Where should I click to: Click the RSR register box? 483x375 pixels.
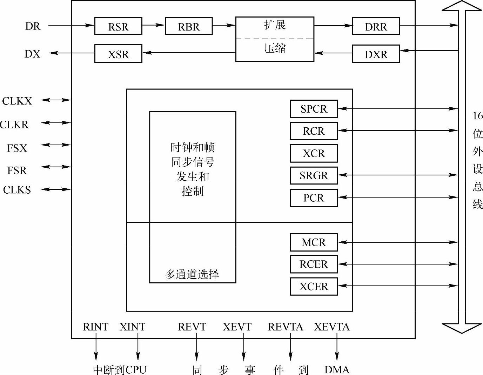tap(118, 26)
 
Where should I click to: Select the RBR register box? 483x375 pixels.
tap(189, 26)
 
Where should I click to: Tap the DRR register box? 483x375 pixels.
tap(376, 26)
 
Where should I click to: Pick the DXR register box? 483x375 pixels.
tap(376, 54)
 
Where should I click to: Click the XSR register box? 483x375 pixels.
tap(118, 54)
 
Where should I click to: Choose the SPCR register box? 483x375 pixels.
tap(314, 109)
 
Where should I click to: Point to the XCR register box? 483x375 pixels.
tap(314, 153)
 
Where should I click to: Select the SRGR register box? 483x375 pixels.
tap(314, 175)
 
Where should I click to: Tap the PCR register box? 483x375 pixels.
tap(314, 198)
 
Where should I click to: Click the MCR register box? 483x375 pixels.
tap(314, 242)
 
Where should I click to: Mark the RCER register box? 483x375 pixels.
tap(314, 264)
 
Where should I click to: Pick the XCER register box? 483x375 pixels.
tap(314, 287)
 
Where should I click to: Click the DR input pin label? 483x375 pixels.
tap(33, 26)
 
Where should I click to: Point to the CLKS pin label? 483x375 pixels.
tap(17, 190)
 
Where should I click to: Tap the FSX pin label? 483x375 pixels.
tap(17, 148)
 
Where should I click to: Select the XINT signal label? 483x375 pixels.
tap(132, 327)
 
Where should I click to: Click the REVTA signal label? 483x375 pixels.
tap(285, 327)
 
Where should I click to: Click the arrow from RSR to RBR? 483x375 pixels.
tap(153, 25)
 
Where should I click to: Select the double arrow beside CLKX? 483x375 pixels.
tap(56, 100)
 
